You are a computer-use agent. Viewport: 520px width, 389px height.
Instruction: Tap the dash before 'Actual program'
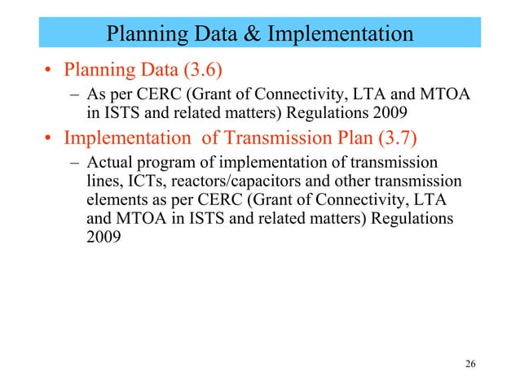pos(71,161)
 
